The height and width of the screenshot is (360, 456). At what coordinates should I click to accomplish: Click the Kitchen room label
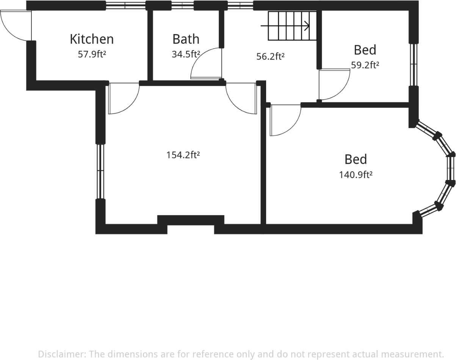(92, 39)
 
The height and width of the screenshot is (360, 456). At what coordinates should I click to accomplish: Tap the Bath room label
(186, 39)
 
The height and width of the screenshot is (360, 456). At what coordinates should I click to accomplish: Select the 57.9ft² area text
(92, 54)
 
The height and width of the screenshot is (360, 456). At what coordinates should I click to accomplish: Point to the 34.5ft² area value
(186, 54)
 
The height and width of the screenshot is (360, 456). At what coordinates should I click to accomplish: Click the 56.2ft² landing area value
(270, 56)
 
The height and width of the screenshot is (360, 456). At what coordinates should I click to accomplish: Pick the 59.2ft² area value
(365, 65)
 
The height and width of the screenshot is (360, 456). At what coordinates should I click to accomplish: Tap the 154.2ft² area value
(183, 155)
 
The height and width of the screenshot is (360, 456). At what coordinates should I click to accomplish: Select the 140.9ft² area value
(356, 175)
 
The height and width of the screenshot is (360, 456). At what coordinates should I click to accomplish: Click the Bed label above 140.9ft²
(356, 160)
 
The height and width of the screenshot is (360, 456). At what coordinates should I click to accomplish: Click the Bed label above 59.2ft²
(365, 50)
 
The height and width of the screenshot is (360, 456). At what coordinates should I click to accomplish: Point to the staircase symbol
(292, 26)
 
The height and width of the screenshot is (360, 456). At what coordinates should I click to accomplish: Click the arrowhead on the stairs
(307, 26)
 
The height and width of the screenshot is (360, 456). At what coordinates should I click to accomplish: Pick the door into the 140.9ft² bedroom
(285, 120)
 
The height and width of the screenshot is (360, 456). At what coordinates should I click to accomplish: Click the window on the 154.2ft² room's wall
(100, 171)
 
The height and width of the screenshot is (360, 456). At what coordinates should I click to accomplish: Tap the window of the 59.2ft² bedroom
(413, 65)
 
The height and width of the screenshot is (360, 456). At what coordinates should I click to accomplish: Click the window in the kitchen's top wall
(125, 6)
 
